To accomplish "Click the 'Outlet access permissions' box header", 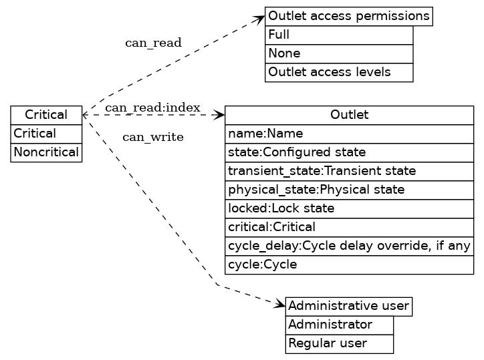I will click(348, 16).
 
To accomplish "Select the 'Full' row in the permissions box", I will click(339, 35).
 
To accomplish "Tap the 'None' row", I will click(339, 53).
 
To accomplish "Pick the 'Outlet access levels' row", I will click(339, 72).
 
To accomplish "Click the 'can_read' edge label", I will click(153, 43).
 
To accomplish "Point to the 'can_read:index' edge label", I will click(152, 108).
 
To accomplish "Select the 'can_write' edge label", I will click(153, 138).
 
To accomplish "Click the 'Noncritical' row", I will click(46, 152).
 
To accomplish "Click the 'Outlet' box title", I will click(349, 115).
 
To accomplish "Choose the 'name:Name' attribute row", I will click(349, 134).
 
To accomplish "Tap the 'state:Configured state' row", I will click(349, 152).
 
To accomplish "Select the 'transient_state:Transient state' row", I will click(349, 171).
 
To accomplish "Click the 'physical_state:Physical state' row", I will click(349, 190).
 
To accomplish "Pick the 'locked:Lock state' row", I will click(349, 208).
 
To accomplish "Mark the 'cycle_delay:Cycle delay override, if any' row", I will click(349, 246).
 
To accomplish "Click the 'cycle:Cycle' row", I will click(349, 264).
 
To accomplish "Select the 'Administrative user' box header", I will click(348, 307).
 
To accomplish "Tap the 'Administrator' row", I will click(339, 325).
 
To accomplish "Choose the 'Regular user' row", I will click(339, 344).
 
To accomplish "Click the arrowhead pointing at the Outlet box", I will click(219, 115).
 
